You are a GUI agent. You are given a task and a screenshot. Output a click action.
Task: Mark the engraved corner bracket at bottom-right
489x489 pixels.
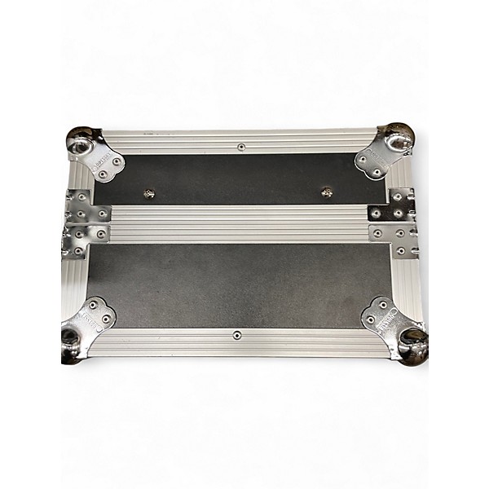tap(383, 317)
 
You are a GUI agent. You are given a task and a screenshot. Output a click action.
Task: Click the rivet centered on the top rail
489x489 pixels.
tap(242, 147)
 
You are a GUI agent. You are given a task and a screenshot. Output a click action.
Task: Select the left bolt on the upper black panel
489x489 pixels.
tap(149, 193)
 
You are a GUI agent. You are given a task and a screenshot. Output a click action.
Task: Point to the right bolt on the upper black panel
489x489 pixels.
tap(327, 192)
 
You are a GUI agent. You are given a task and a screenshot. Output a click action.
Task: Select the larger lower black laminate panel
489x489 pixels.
tap(236, 285)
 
